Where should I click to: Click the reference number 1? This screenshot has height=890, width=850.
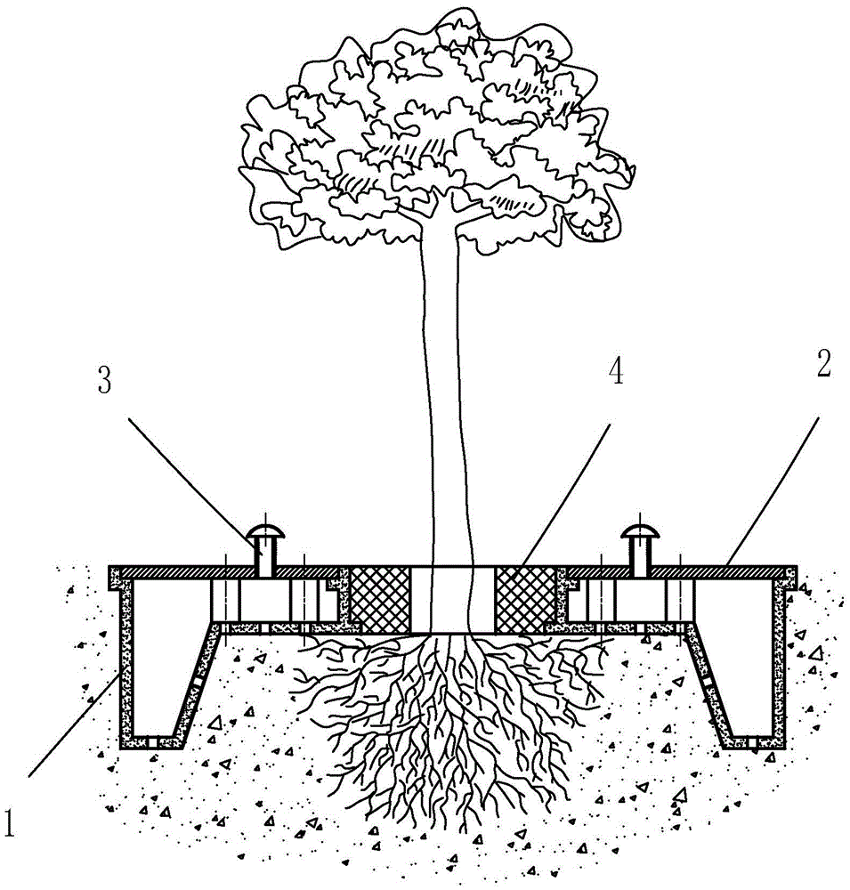tap(8, 822)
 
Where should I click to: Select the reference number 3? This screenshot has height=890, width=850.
tap(105, 380)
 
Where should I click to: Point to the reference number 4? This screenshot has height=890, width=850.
tap(616, 372)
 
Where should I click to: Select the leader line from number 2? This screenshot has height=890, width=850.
tap(773, 491)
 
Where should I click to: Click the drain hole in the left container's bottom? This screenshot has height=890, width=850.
tap(151, 742)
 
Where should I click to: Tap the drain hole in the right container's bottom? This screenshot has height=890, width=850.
tap(752, 742)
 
